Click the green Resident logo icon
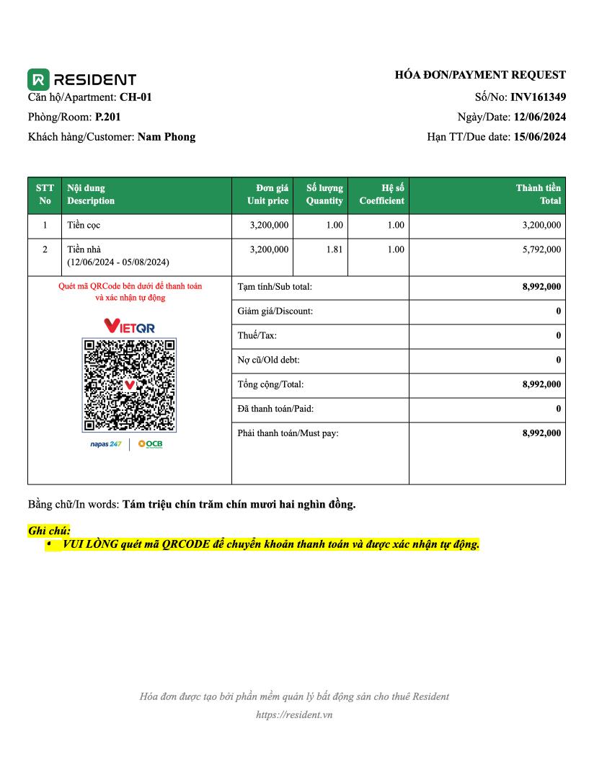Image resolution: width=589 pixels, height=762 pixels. coord(38,79)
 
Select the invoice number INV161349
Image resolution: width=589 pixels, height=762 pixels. coord(538,97)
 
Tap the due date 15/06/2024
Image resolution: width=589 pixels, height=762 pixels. coord(539,137)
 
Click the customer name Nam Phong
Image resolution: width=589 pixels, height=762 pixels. coord(166,137)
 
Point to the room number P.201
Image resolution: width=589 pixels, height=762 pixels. coord(103,117)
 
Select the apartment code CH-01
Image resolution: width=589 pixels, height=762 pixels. coord(136,97)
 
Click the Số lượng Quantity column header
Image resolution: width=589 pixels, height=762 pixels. coord(324,195)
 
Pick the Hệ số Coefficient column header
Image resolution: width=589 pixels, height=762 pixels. coord(381,195)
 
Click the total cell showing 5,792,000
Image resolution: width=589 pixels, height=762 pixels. coord(541,249)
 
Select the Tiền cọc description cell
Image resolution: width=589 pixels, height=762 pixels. coord(84,226)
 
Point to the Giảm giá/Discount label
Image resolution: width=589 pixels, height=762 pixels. coord(275,311)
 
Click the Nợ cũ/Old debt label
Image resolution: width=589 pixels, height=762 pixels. coord(268,360)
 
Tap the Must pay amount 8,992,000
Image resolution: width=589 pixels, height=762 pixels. coord(541,433)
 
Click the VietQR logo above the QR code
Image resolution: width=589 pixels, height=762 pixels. coord(130,327)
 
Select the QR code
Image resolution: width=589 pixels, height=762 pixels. coord(130,385)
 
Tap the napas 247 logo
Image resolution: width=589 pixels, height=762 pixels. coord(105,444)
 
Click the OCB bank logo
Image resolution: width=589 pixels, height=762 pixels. coord(150,444)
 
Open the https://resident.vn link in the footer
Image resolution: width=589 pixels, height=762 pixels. coord(294,715)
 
